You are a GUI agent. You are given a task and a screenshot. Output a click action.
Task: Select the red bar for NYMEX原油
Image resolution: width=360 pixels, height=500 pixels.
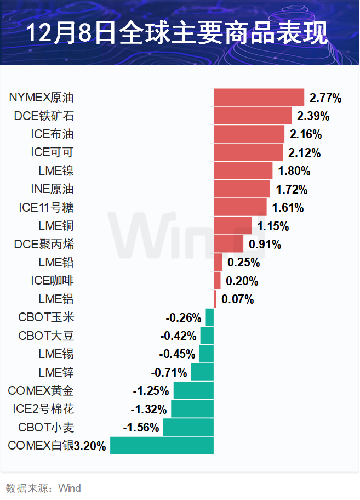259,98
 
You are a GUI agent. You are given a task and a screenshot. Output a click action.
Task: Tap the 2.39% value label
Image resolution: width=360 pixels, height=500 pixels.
313,116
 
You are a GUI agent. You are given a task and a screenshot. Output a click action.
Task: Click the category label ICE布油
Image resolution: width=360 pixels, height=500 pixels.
53,134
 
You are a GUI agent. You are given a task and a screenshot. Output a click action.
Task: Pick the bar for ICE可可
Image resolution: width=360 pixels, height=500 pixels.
248,152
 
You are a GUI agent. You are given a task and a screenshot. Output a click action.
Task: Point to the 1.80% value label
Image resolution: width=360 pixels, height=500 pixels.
294,171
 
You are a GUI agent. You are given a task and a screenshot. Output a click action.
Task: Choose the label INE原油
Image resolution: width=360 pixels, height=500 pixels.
53,189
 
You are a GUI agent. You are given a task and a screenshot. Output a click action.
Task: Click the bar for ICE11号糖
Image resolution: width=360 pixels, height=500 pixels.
240,208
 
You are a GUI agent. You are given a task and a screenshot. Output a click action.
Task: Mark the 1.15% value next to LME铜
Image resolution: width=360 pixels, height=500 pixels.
273,226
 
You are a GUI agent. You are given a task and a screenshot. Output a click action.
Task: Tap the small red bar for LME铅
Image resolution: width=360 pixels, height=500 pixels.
218,263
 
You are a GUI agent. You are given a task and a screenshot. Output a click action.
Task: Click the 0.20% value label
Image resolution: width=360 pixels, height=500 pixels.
242,281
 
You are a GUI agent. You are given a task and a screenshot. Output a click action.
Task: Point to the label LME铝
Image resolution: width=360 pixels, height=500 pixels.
56,299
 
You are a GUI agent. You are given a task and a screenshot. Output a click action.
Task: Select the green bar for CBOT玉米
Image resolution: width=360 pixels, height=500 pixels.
210,317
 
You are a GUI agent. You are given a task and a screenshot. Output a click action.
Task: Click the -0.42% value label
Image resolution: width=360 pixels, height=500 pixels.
178,336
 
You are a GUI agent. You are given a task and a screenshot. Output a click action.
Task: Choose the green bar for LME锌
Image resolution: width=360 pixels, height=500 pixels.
202,373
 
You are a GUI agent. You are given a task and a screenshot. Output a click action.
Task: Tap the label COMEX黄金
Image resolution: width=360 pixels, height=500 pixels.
41,391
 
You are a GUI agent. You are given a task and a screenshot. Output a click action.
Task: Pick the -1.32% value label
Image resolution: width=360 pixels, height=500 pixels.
148,410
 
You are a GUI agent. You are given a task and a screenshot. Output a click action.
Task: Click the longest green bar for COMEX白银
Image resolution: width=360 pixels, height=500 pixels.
162,446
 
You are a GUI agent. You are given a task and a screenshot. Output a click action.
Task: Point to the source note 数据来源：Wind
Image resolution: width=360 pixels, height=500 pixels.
43,488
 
